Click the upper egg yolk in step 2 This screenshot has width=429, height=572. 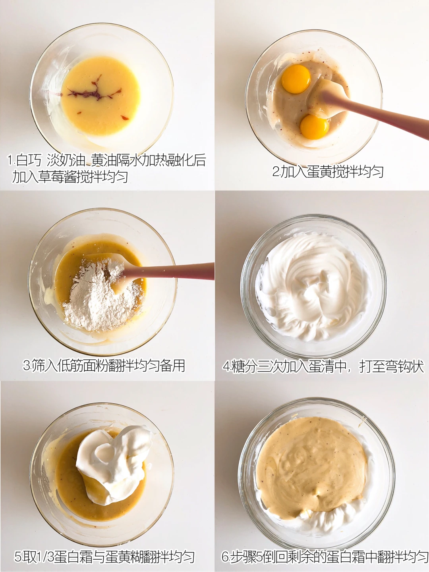(x=296, y=79)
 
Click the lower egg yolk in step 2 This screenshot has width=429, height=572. (x=314, y=127)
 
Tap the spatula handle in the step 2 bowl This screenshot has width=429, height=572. (x=375, y=114)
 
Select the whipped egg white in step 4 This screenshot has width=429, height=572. (x=313, y=287)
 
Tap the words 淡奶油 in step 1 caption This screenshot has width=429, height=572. (x=66, y=160)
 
